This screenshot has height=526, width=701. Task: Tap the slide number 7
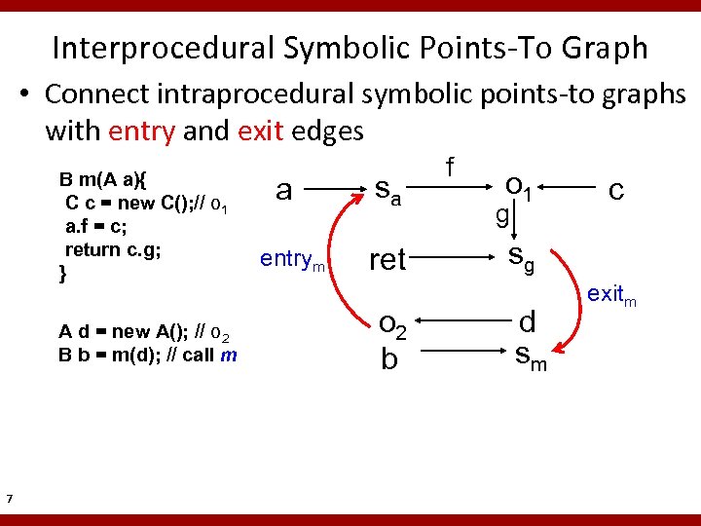[9, 500]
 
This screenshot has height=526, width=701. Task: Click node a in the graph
[283, 189]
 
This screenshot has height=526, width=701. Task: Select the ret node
[387, 259]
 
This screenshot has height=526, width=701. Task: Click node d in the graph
[528, 321]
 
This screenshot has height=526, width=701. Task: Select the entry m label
[294, 260]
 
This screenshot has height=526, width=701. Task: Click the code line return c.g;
[112, 249]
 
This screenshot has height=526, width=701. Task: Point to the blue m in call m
[229, 355]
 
